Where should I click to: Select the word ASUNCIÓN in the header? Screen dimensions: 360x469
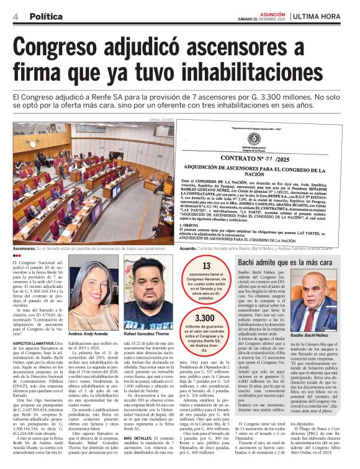point(272,13)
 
